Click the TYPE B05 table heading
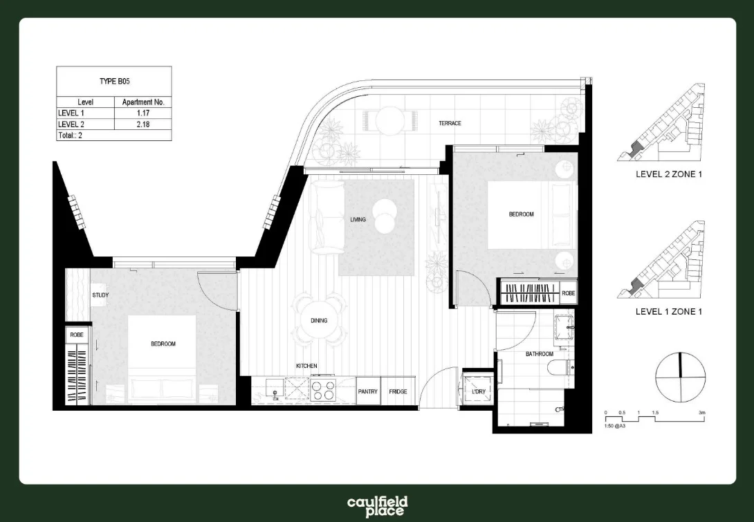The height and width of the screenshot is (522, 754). [x=114, y=82]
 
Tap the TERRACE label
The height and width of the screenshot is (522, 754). [x=450, y=124]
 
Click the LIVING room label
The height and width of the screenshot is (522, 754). [x=358, y=220]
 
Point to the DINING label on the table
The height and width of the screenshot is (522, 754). [x=319, y=321]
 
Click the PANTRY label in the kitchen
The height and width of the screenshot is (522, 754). [x=367, y=392]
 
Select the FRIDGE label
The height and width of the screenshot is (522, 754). [x=398, y=392]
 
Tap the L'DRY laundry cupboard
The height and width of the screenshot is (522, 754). [x=479, y=392]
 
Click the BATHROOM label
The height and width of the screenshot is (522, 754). [x=539, y=354]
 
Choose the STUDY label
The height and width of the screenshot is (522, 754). [x=100, y=296]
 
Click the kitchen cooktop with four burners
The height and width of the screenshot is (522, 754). [x=323, y=391]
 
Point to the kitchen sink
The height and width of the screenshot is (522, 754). [x=275, y=391]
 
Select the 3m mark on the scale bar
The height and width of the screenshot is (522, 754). [x=701, y=413]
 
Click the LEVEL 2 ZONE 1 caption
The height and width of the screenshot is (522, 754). [x=668, y=174]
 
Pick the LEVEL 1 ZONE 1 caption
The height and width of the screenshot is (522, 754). [x=668, y=312]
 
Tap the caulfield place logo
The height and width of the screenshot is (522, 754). [x=377, y=506]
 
